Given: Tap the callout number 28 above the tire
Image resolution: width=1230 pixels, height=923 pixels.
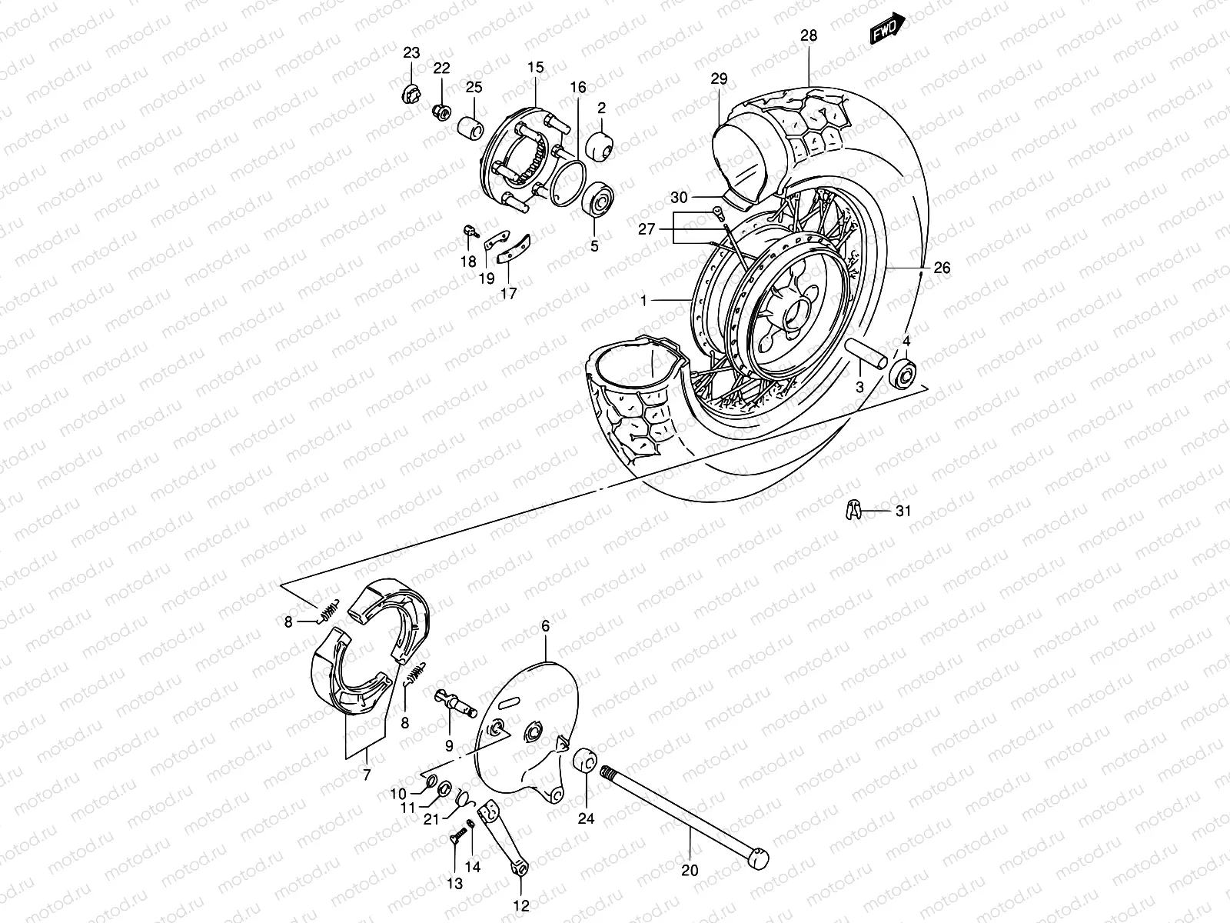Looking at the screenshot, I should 809,36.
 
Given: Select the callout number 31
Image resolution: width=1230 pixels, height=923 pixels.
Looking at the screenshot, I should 903,510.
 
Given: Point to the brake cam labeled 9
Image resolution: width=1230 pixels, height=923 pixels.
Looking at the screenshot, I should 455,701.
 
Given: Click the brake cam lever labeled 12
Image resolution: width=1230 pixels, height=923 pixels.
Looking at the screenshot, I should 503,838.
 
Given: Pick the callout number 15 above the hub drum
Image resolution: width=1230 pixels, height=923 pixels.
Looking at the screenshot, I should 536,68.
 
